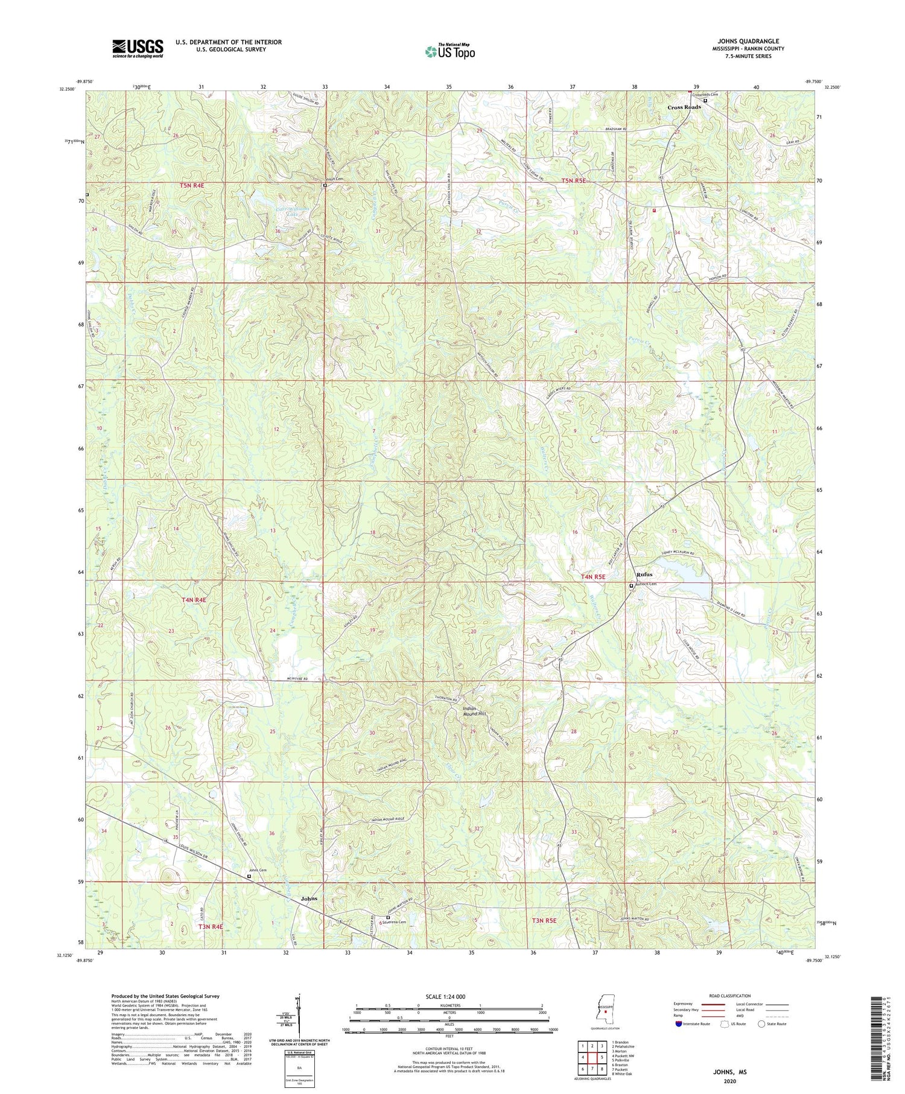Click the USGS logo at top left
point(138,48)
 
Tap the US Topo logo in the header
point(449,52)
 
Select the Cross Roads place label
point(684,107)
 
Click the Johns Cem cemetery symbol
point(249,876)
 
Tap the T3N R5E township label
point(544,921)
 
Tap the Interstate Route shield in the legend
point(679,1024)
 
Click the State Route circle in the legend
point(761,1023)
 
